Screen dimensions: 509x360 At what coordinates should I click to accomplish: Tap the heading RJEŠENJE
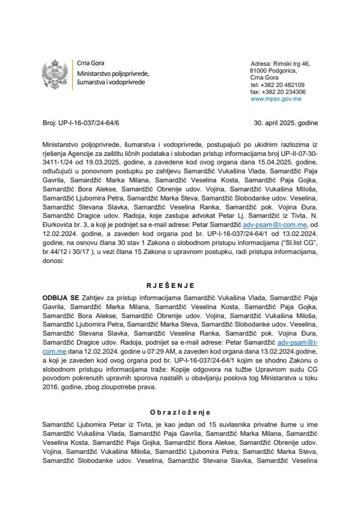click(180, 286)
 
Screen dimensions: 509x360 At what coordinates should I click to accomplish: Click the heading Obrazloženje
click(180, 411)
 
